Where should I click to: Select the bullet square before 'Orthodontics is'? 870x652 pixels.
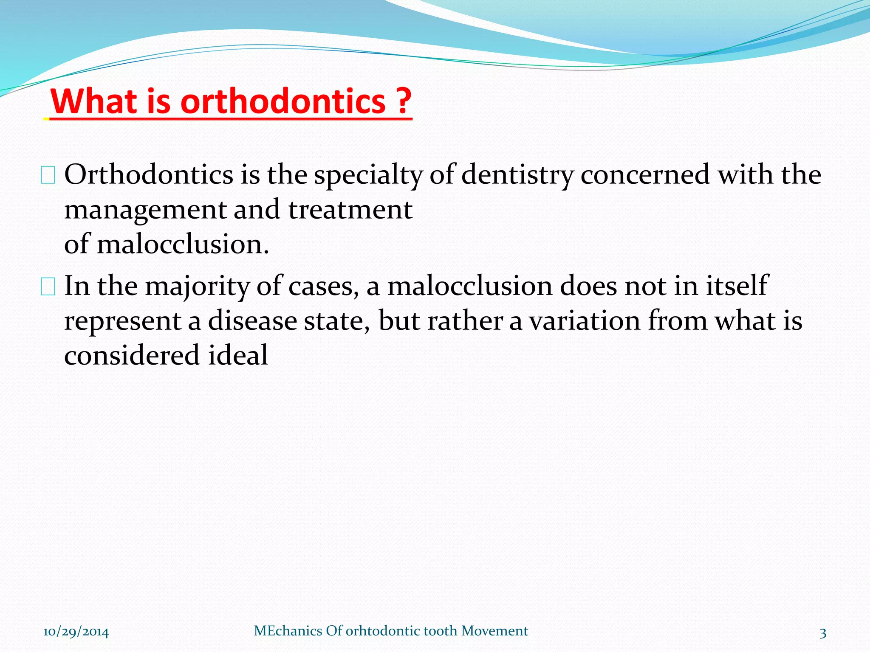point(48,176)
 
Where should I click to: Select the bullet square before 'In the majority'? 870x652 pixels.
point(48,287)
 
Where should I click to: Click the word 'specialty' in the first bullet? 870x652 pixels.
point(368,175)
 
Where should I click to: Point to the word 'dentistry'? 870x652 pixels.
point(517,175)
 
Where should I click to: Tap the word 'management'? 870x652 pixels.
point(145,210)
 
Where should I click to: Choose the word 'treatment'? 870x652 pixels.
point(350,210)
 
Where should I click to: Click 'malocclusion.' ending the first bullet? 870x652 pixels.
point(183,245)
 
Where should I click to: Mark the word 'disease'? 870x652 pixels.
point(252,320)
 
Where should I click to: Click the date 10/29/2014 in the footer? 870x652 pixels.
point(76,632)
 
